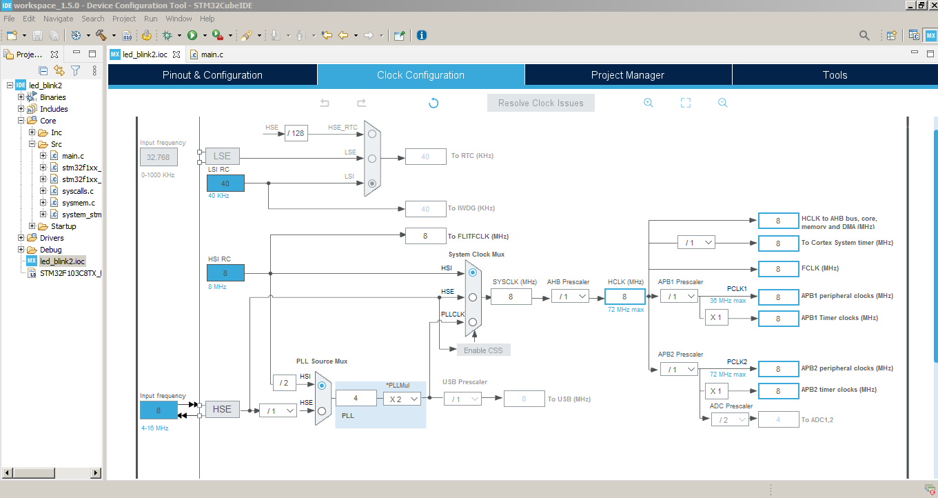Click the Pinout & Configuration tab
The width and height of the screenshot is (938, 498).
coord(212,75)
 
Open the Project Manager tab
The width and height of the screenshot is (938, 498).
coord(627,75)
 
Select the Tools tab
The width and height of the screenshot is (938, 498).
coord(835,75)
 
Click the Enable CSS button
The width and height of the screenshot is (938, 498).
coord(483,350)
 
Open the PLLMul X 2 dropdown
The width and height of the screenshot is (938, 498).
coord(402,399)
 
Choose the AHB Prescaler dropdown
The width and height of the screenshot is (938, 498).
coord(570,297)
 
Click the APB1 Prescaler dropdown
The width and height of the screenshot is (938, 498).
coord(678,297)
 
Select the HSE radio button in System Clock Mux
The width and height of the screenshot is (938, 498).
coord(472,297)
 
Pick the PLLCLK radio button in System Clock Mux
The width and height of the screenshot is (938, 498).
coord(472,322)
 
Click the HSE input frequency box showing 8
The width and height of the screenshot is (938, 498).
coord(159,410)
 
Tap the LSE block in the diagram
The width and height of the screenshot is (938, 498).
coord(222,157)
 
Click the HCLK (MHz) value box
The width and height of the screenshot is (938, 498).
coord(624,297)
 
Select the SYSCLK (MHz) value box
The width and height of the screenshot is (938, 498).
coord(511,297)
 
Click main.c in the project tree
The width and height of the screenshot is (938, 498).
coord(72,156)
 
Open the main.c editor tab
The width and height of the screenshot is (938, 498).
coord(212,54)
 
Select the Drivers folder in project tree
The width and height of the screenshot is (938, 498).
coord(52,238)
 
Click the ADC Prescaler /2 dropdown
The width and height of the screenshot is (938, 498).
coord(730,419)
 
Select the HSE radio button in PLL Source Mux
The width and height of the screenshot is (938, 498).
coord(321,410)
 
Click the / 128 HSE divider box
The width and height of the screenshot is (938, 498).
coord(296,133)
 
